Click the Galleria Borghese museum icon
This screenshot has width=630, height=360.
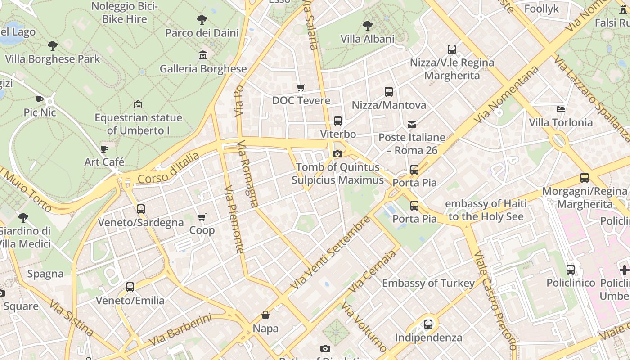[203, 55]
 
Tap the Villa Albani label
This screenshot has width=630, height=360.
[367, 39]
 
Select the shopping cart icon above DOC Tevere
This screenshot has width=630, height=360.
[301, 87]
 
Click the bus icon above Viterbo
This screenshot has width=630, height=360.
[337, 121]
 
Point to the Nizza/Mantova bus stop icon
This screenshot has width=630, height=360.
[388, 92]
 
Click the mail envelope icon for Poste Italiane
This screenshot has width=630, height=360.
[412, 124]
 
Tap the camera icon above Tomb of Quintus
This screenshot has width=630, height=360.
[337, 154]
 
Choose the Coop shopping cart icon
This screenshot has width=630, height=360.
[202, 217]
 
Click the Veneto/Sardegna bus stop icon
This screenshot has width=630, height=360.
[140, 209]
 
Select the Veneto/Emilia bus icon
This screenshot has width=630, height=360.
[130, 287]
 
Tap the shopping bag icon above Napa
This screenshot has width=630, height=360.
[265, 315]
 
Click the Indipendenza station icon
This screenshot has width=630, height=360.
[428, 324]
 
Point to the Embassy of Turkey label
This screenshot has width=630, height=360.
[428, 283]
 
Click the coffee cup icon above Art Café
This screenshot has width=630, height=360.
[104, 149]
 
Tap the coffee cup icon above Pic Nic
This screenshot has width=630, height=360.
[40, 99]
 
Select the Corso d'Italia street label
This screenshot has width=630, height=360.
[168, 169]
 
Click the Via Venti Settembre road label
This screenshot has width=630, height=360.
[331, 253]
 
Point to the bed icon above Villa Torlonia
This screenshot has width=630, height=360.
[560, 109]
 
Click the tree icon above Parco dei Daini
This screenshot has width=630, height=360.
[202, 19]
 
